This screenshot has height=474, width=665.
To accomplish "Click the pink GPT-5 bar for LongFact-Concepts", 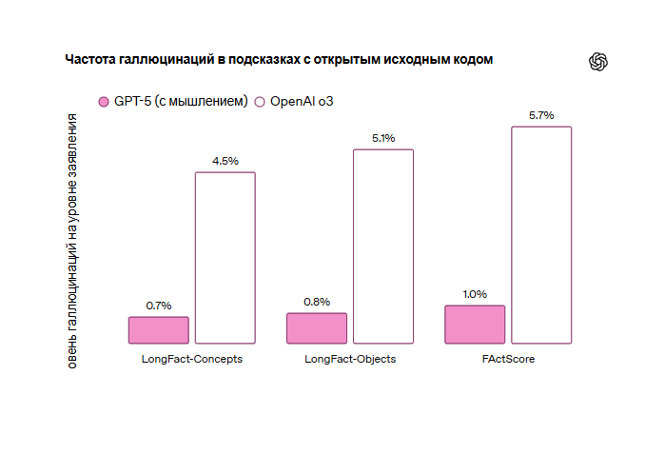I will click(x=159, y=329).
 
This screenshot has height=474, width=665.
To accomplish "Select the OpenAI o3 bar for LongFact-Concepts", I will click(x=225, y=257).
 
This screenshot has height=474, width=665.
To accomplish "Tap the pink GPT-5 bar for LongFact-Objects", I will click(x=317, y=327).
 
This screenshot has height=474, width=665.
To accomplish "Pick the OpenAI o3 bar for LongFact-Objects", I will click(x=383, y=246).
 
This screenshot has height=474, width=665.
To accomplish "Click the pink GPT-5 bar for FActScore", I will click(x=475, y=324).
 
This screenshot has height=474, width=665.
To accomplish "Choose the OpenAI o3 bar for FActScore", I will click(x=541, y=234).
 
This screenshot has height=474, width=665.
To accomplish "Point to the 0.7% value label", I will click(x=159, y=306).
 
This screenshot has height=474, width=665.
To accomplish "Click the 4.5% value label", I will click(x=225, y=161).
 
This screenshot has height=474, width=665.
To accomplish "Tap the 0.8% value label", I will click(x=317, y=302).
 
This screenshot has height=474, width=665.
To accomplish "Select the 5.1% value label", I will click(x=383, y=138).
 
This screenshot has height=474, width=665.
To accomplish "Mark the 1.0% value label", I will click(x=475, y=294).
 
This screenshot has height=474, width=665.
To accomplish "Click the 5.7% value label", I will click(x=541, y=115).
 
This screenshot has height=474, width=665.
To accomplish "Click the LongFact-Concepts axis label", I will click(x=191, y=360).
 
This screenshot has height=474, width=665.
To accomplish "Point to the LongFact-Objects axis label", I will click(x=350, y=360).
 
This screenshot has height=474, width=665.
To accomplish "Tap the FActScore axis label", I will click(x=508, y=360).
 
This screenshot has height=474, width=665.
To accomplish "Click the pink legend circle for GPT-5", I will click(x=104, y=102).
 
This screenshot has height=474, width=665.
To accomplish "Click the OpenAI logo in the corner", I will click(x=598, y=62).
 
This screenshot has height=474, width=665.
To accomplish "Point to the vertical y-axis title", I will click(x=72, y=238).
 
